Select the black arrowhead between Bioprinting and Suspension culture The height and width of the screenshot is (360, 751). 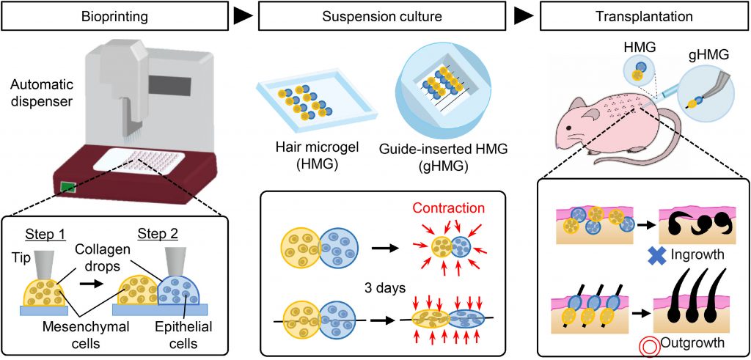pos(238,15)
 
